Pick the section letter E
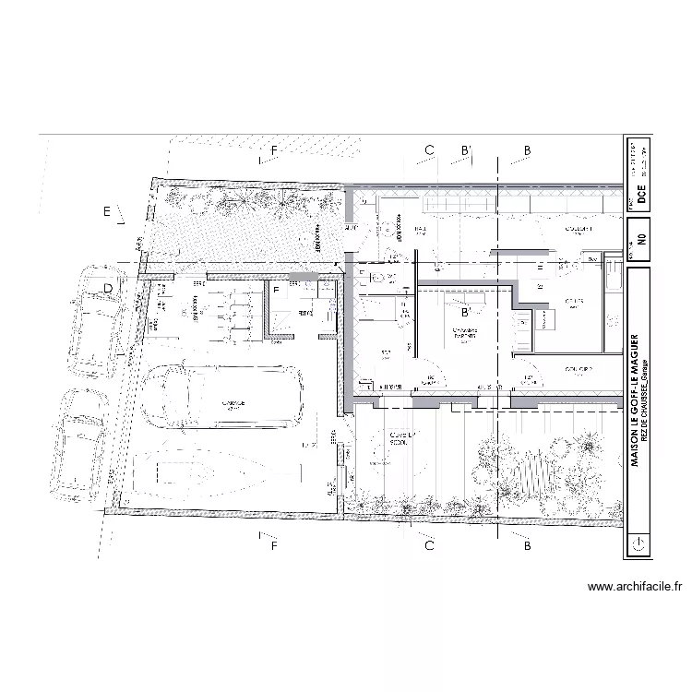click(x=107, y=212)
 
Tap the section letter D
click(x=108, y=289)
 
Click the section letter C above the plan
click(x=428, y=150)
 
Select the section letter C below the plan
click(x=429, y=546)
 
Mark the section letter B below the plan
click(x=527, y=546)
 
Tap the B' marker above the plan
click(x=467, y=150)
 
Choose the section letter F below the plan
click(x=274, y=546)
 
